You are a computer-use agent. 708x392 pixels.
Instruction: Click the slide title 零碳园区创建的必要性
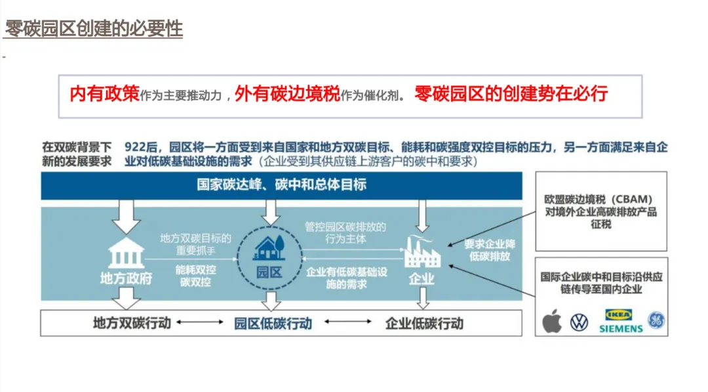94,29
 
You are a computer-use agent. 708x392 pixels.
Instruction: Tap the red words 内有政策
104,95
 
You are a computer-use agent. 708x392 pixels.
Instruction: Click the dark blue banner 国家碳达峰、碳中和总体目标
281,185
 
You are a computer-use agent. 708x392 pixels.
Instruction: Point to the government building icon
126,253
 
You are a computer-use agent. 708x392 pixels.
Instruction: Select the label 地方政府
126,278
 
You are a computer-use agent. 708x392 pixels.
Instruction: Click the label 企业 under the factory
422,278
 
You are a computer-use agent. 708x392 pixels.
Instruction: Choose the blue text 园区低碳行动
273,323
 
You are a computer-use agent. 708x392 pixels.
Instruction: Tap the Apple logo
552,322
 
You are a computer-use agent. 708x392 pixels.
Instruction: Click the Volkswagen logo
579,322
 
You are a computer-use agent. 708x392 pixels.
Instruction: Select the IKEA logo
618,315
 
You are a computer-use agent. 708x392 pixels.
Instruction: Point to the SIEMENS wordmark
620,328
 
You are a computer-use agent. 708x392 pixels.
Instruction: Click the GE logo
656,320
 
